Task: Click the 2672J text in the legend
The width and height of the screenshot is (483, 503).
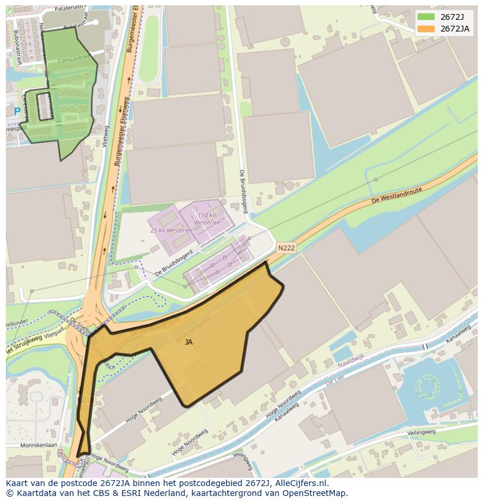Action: (453, 17)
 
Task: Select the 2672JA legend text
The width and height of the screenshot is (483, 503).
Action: (455, 29)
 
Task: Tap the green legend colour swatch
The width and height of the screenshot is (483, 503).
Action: (426, 17)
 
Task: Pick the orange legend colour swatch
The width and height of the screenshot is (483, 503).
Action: (426, 29)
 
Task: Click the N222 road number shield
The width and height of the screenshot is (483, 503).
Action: (286, 248)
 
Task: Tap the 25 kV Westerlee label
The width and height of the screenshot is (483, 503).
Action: (171, 230)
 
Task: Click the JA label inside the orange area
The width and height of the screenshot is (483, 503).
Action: (188, 342)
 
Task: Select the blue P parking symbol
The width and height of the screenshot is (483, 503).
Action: (17, 111)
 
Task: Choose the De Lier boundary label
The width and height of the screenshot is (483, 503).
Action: (336, 380)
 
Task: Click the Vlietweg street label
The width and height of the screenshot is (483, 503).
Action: (106, 136)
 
